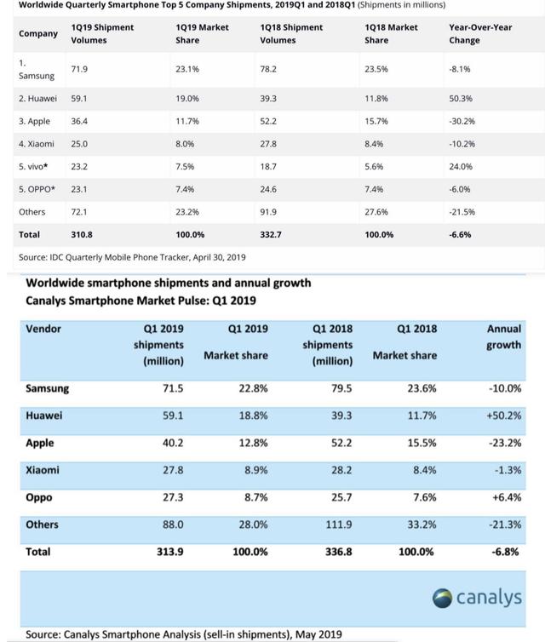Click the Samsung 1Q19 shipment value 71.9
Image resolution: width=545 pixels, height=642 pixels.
[79, 69]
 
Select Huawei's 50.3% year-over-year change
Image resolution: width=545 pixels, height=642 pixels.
[461, 99]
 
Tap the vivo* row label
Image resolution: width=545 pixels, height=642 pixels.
[33, 167]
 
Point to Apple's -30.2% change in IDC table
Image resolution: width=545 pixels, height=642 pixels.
[462, 121]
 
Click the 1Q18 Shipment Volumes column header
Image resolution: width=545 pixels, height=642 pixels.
[291, 33]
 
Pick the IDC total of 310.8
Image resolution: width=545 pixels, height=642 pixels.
[82, 235]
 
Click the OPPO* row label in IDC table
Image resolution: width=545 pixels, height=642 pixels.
[37, 189]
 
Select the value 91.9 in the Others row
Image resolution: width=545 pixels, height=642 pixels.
[268, 212]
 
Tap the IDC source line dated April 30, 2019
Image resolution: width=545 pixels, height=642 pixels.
[132, 257]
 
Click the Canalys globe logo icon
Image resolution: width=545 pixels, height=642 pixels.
[442, 599]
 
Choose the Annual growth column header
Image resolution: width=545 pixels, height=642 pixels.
[503, 337]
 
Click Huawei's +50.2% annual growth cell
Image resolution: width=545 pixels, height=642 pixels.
[503, 416]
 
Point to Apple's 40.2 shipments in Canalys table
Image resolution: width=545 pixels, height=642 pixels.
[173, 443]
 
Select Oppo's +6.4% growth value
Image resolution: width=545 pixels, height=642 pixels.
[507, 497]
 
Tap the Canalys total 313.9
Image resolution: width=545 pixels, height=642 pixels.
[170, 552]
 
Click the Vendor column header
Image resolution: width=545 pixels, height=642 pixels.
[43, 329]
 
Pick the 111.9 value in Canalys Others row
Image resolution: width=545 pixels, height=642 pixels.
[339, 524]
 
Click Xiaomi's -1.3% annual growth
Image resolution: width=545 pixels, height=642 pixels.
[508, 470]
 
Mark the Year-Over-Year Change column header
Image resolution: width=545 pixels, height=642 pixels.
[480, 33]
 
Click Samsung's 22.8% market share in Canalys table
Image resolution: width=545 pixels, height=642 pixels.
[253, 388]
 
